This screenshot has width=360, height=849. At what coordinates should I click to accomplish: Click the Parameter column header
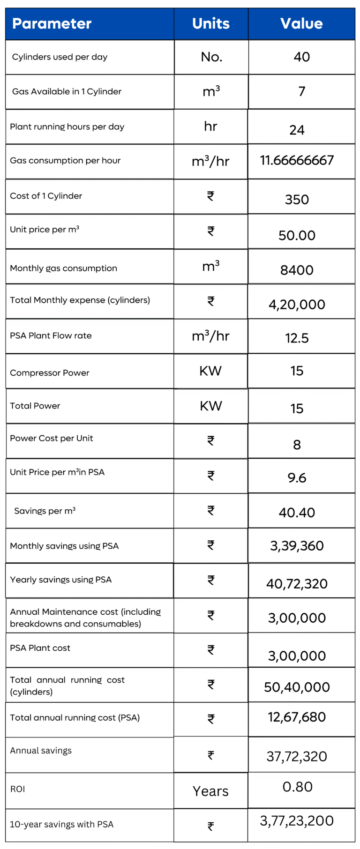[x=52, y=23]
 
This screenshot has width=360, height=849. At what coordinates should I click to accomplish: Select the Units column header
[x=211, y=23]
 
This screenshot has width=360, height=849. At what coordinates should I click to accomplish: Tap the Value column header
[x=301, y=23]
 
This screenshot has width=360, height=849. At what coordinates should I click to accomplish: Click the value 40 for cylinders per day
[x=301, y=57]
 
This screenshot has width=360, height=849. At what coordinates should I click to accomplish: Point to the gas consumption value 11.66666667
[x=297, y=160]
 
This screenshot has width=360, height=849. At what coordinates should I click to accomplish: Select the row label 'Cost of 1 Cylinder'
[x=46, y=196]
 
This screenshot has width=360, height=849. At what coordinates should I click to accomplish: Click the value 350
[x=297, y=200]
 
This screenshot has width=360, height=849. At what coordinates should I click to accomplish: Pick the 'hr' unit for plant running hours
[x=210, y=126]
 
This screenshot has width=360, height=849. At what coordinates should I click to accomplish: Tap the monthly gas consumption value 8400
[x=297, y=270]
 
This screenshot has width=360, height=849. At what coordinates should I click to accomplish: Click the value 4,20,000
[x=297, y=305]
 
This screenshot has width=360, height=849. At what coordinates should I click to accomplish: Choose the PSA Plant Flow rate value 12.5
[x=297, y=338]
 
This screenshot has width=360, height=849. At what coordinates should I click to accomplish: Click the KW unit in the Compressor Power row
[x=210, y=371]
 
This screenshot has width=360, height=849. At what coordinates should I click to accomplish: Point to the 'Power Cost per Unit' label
[x=52, y=438]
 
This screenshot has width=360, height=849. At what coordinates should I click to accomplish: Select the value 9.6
[x=297, y=478]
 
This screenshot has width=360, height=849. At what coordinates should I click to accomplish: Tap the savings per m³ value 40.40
[x=297, y=513]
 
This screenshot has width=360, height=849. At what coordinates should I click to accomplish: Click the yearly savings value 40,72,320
[x=297, y=584]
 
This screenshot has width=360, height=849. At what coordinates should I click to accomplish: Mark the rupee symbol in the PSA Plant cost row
[x=211, y=650]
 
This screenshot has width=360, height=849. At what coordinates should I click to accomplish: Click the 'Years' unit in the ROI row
[x=210, y=791]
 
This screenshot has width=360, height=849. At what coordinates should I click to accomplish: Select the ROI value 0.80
[x=297, y=787]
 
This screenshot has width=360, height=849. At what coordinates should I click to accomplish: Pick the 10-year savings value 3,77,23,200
[x=297, y=820]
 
